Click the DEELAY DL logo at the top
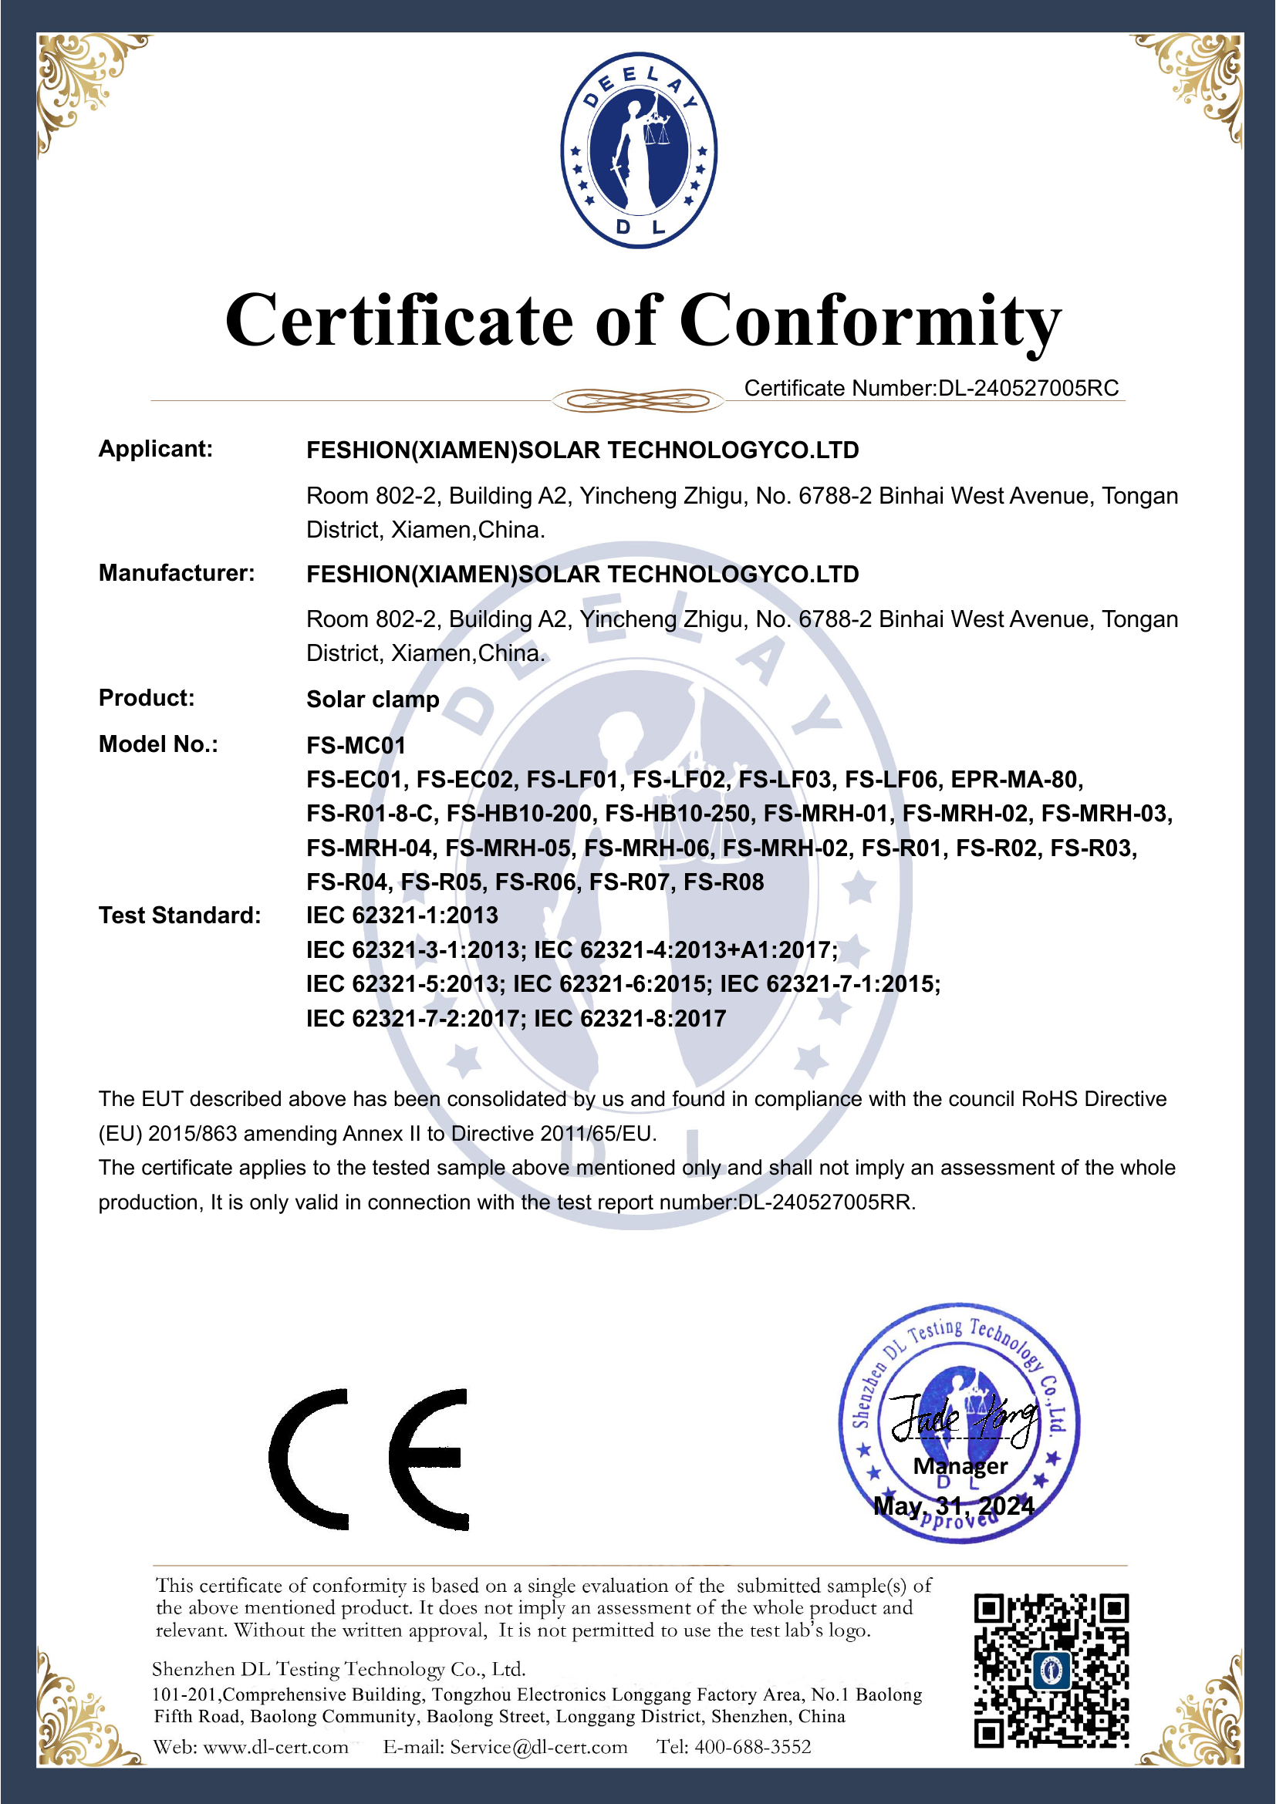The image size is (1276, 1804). pos(638,151)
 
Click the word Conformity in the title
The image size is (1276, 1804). pos(869,321)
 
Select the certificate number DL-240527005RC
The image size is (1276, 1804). pos(1028,388)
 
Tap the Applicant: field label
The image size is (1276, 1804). pos(156,449)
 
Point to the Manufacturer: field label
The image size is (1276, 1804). pos(177,573)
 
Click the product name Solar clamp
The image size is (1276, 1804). pos(373,700)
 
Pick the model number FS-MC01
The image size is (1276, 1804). pos(356,745)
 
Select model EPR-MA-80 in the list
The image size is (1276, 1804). pos(1016,780)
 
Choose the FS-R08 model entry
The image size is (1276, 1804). pos(724,882)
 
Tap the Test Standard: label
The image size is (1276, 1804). pos(179,915)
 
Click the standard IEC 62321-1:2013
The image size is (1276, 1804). pos(401,915)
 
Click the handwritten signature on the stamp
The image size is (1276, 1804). pos(964,1418)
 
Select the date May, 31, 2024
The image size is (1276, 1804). pos(954,1506)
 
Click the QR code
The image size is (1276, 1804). pos(1052,1671)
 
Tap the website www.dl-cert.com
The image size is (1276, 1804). pos(275,1747)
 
